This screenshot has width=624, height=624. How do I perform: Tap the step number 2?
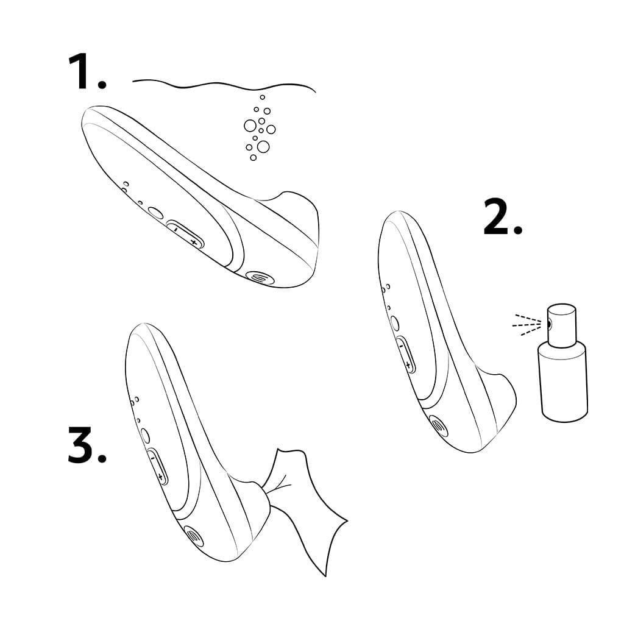(x=502, y=218)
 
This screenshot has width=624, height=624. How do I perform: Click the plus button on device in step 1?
(x=193, y=242)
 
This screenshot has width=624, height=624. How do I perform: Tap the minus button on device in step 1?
(x=175, y=230)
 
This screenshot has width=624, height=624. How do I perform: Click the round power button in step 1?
(x=155, y=213)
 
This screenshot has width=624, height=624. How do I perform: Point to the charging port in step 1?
(x=259, y=276)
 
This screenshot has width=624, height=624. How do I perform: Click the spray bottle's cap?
(x=561, y=323)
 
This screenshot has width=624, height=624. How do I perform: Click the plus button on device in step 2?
(x=408, y=365)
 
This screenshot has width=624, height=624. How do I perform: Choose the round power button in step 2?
(x=394, y=324)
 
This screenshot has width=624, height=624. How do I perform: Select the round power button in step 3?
(x=145, y=435)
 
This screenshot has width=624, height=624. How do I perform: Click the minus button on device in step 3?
(x=152, y=456)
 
